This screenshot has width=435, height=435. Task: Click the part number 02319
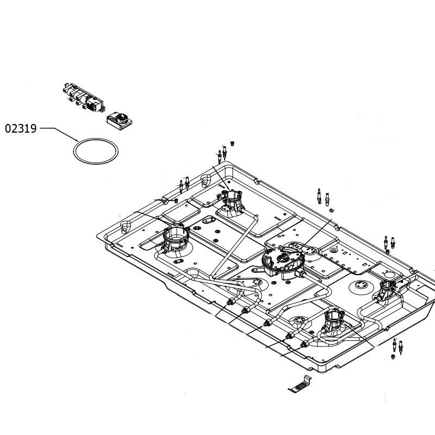click(x=21, y=129)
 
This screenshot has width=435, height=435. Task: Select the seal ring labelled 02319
click(x=96, y=139)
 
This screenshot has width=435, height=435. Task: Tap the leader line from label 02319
click(x=60, y=134)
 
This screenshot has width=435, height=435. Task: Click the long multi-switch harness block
click(x=84, y=97)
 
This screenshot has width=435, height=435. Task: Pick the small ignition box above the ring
click(x=119, y=121)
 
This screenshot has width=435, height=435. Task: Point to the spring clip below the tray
click(x=300, y=384)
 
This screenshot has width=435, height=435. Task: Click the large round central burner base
click(x=283, y=262)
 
